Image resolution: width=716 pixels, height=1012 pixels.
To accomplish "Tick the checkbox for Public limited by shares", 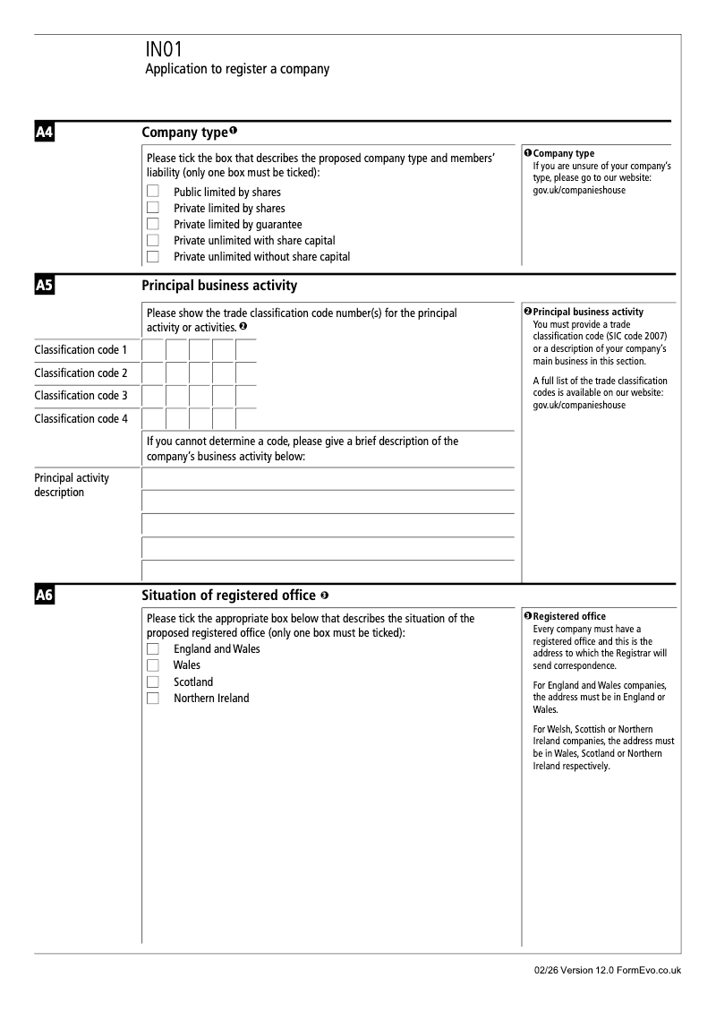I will (153, 192).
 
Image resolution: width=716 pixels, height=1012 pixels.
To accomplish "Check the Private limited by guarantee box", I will (153, 224).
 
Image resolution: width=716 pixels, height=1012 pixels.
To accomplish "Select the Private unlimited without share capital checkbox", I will (153, 256).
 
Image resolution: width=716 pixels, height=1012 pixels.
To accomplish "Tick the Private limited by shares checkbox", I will (153, 208).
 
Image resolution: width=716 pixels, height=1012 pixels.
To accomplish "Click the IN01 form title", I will (163, 50).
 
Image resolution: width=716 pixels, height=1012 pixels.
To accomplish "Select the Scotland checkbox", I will (153, 682).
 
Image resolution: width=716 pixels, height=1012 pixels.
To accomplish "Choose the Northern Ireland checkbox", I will (153, 699).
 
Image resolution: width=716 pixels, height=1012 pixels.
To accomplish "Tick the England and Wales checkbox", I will (153, 648).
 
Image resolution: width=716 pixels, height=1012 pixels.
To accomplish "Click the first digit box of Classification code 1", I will (153, 350).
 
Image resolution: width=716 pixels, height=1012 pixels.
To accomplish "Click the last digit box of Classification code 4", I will (246, 418).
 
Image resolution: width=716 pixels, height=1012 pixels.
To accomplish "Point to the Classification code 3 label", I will (81, 396).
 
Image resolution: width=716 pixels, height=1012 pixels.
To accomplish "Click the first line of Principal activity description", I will (328, 478).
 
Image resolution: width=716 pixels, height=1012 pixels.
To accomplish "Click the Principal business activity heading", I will (219, 286).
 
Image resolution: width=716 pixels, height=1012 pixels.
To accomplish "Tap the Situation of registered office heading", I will (228, 596).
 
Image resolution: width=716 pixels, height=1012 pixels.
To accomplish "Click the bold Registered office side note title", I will (569, 616).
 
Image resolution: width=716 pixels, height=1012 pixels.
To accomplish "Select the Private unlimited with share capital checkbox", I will (153, 240).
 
